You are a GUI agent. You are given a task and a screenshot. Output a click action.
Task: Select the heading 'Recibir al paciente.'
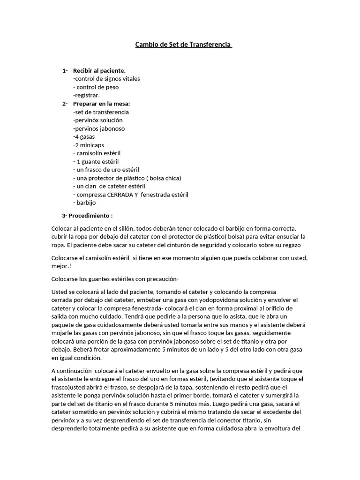(x=99, y=70)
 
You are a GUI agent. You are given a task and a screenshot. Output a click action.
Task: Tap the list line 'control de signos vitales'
(x=107, y=79)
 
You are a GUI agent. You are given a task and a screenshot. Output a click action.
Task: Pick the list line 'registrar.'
(x=87, y=95)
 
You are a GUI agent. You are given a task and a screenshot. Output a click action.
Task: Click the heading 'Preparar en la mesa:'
(x=101, y=104)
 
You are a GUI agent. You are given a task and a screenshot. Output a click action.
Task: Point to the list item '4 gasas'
(x=84, y=137)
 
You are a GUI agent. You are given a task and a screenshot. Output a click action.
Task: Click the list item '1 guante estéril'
(x=97, y=161)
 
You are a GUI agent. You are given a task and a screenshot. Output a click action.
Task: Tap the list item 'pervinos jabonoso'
(x=99, y=128)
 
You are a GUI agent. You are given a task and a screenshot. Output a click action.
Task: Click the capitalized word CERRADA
(x=120, y=195)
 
